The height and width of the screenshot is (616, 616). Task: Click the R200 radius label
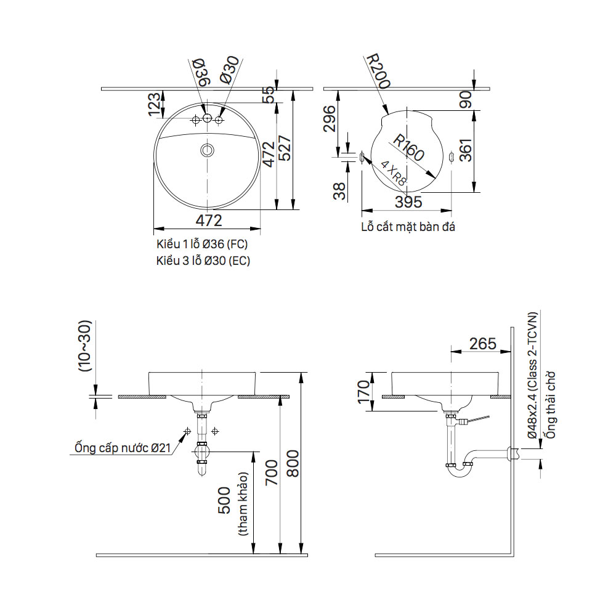378,71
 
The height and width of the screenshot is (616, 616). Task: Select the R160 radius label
408,148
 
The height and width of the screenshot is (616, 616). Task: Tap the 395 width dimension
408,202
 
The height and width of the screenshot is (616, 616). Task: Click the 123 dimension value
155,104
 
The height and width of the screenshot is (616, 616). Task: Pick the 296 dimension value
329,119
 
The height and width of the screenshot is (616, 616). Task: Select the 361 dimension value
466,150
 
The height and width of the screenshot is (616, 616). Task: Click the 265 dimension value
483,344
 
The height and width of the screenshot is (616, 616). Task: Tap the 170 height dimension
363,391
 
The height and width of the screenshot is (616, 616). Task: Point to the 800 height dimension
293,464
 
